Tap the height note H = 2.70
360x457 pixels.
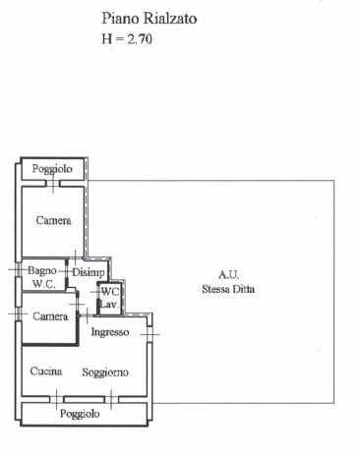pos(128,39)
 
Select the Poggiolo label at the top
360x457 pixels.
pos(52,169)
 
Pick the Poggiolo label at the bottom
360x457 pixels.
pos(80,414)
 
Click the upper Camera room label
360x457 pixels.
pos(53,220)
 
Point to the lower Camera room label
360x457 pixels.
pos(49,315)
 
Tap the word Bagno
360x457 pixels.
pos(41,270)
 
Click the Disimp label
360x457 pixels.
pos(88,271)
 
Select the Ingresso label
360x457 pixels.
pos(110,332)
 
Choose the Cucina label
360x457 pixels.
pos(46,371)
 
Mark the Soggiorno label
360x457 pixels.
pos(105,371)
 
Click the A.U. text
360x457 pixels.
pos(228,274)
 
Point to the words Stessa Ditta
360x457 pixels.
pos(228,289)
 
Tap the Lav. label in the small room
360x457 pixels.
pos(109,306)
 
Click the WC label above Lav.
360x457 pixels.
pos(110,292)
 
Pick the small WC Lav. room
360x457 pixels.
pos(109,299)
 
